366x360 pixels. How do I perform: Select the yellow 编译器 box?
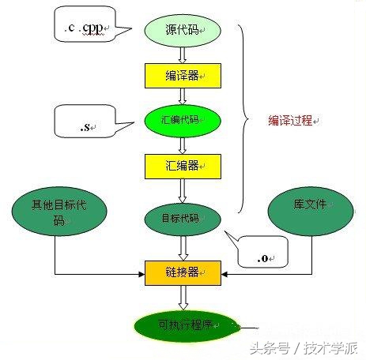click(x=183, y=76)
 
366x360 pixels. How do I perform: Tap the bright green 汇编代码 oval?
click(x=183, y=121)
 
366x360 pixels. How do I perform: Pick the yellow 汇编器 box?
click(x=183, y=167)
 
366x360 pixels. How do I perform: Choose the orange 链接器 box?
click(x=183, y=272)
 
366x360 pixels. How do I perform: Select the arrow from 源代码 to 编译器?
click(x=183, y=54)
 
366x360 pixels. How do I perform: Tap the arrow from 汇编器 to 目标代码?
click(x=183, y=190)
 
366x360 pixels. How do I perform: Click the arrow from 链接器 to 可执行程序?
click(x=183, y=298)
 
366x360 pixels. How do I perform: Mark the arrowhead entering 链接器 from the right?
click(x=225, y=275)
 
